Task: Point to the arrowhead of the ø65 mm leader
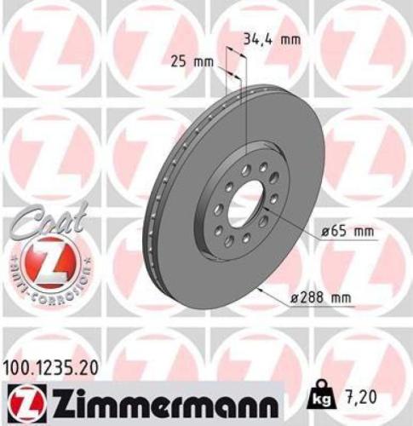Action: coord(271,219)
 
